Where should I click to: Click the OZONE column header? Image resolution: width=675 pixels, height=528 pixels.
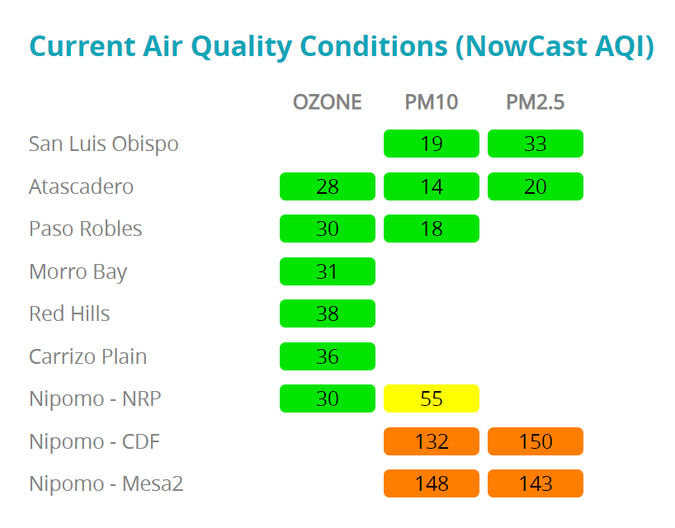pos(327,101)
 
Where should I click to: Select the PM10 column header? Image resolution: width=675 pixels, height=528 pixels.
pos(431,101)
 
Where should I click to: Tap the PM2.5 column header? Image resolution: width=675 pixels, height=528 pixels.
pos(535,101)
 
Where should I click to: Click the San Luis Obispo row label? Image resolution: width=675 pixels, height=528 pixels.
pos(103,144)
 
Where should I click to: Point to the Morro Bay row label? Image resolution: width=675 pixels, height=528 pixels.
pos(78,271)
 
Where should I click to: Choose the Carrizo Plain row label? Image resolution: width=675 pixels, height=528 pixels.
pos(87,356)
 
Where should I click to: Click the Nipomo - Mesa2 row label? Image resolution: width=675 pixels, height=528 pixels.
pos(106,483)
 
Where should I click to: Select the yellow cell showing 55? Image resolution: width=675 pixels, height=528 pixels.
pos(431,399)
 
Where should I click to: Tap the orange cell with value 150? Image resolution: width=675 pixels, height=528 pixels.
pos(535,441)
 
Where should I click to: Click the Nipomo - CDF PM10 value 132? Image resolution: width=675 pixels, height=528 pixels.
pos(431,441)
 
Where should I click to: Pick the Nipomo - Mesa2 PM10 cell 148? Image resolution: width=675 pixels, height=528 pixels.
pos(431,483)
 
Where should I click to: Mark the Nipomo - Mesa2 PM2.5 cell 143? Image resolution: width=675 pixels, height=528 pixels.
pos(535,483)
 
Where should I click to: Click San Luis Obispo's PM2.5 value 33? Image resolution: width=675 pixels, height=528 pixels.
pos(535,144)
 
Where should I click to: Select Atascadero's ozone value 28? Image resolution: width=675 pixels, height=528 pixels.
pos(327,186)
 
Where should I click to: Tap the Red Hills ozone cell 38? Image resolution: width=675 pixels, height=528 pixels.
pos(327,313)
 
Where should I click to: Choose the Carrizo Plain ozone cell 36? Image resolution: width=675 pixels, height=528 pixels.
pos(327,356)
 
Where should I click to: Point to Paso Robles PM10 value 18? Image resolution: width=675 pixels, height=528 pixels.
pos(431,229)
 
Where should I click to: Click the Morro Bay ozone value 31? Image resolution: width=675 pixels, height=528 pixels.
pos(327,271)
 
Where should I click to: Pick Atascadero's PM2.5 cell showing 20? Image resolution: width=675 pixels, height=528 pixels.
pos(535,186)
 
